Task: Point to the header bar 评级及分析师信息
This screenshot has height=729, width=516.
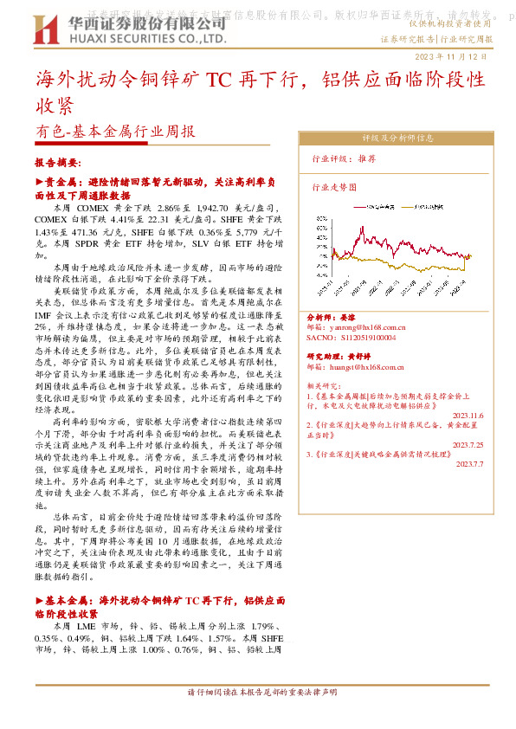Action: pyautogui.click(x=397, y=138)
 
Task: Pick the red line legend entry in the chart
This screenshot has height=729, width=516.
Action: pyautogui.click(x=377, y=208)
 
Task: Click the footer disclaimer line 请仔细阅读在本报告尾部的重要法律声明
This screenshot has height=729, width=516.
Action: pyautogui.click(x=257, y=692)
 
